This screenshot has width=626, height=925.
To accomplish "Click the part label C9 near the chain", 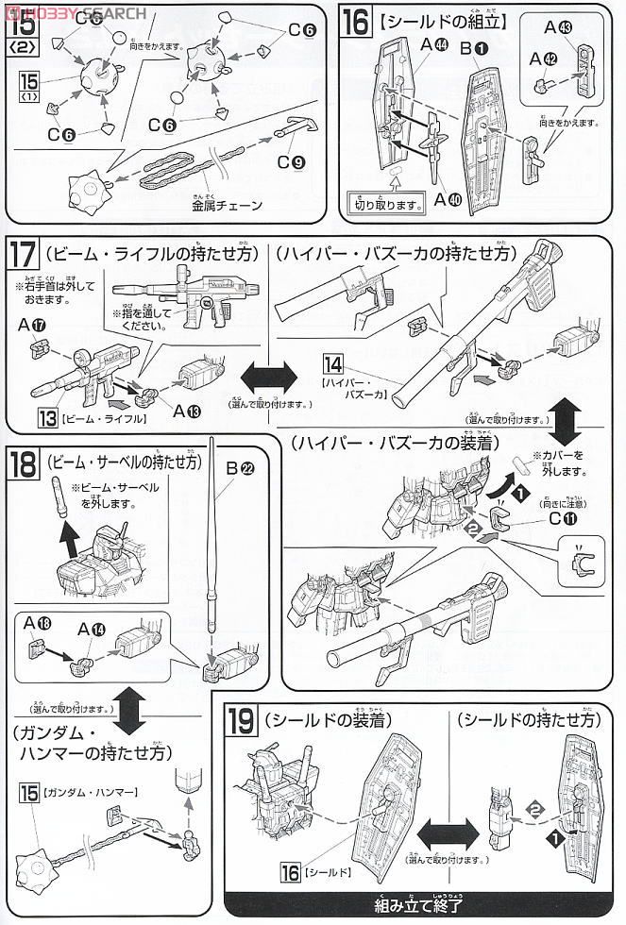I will [290, 162].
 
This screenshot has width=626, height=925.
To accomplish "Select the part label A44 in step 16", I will [434, 44].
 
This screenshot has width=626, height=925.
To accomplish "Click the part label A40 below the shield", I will [448, 199].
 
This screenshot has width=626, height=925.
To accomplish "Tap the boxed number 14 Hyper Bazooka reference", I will [332, 364].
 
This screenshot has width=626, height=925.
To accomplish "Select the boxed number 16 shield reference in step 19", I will [290, 868].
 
